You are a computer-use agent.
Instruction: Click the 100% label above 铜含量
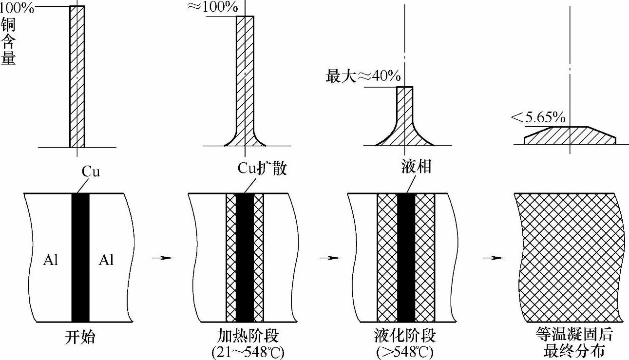click(17, 8)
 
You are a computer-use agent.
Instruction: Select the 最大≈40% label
click(363, 76)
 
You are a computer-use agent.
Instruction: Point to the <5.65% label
click(538, 117)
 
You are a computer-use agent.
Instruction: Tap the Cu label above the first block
click(90, 171)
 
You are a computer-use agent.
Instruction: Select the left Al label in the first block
click(50, 261)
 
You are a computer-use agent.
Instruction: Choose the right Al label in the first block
click(106, 261)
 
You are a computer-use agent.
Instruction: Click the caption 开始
click(79, 337)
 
